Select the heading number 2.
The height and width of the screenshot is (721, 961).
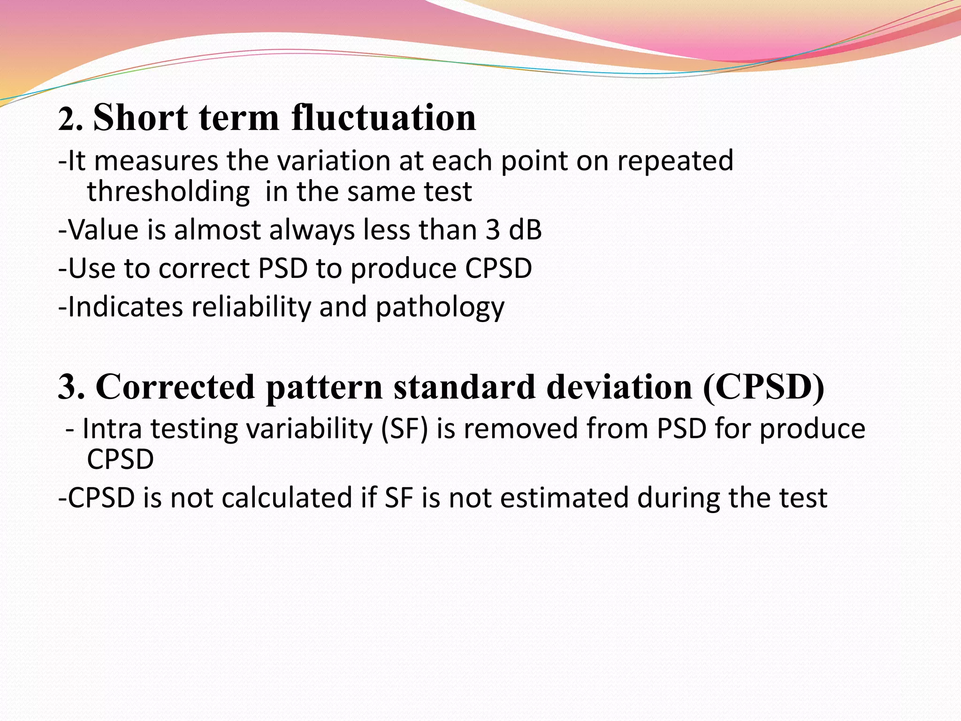70,120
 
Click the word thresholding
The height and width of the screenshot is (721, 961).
168,192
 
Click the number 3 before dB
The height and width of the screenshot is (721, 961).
493,230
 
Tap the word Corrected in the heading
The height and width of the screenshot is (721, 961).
175,387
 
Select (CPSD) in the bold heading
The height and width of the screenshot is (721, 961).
763,387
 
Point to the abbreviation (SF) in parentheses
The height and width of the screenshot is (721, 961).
404,430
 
